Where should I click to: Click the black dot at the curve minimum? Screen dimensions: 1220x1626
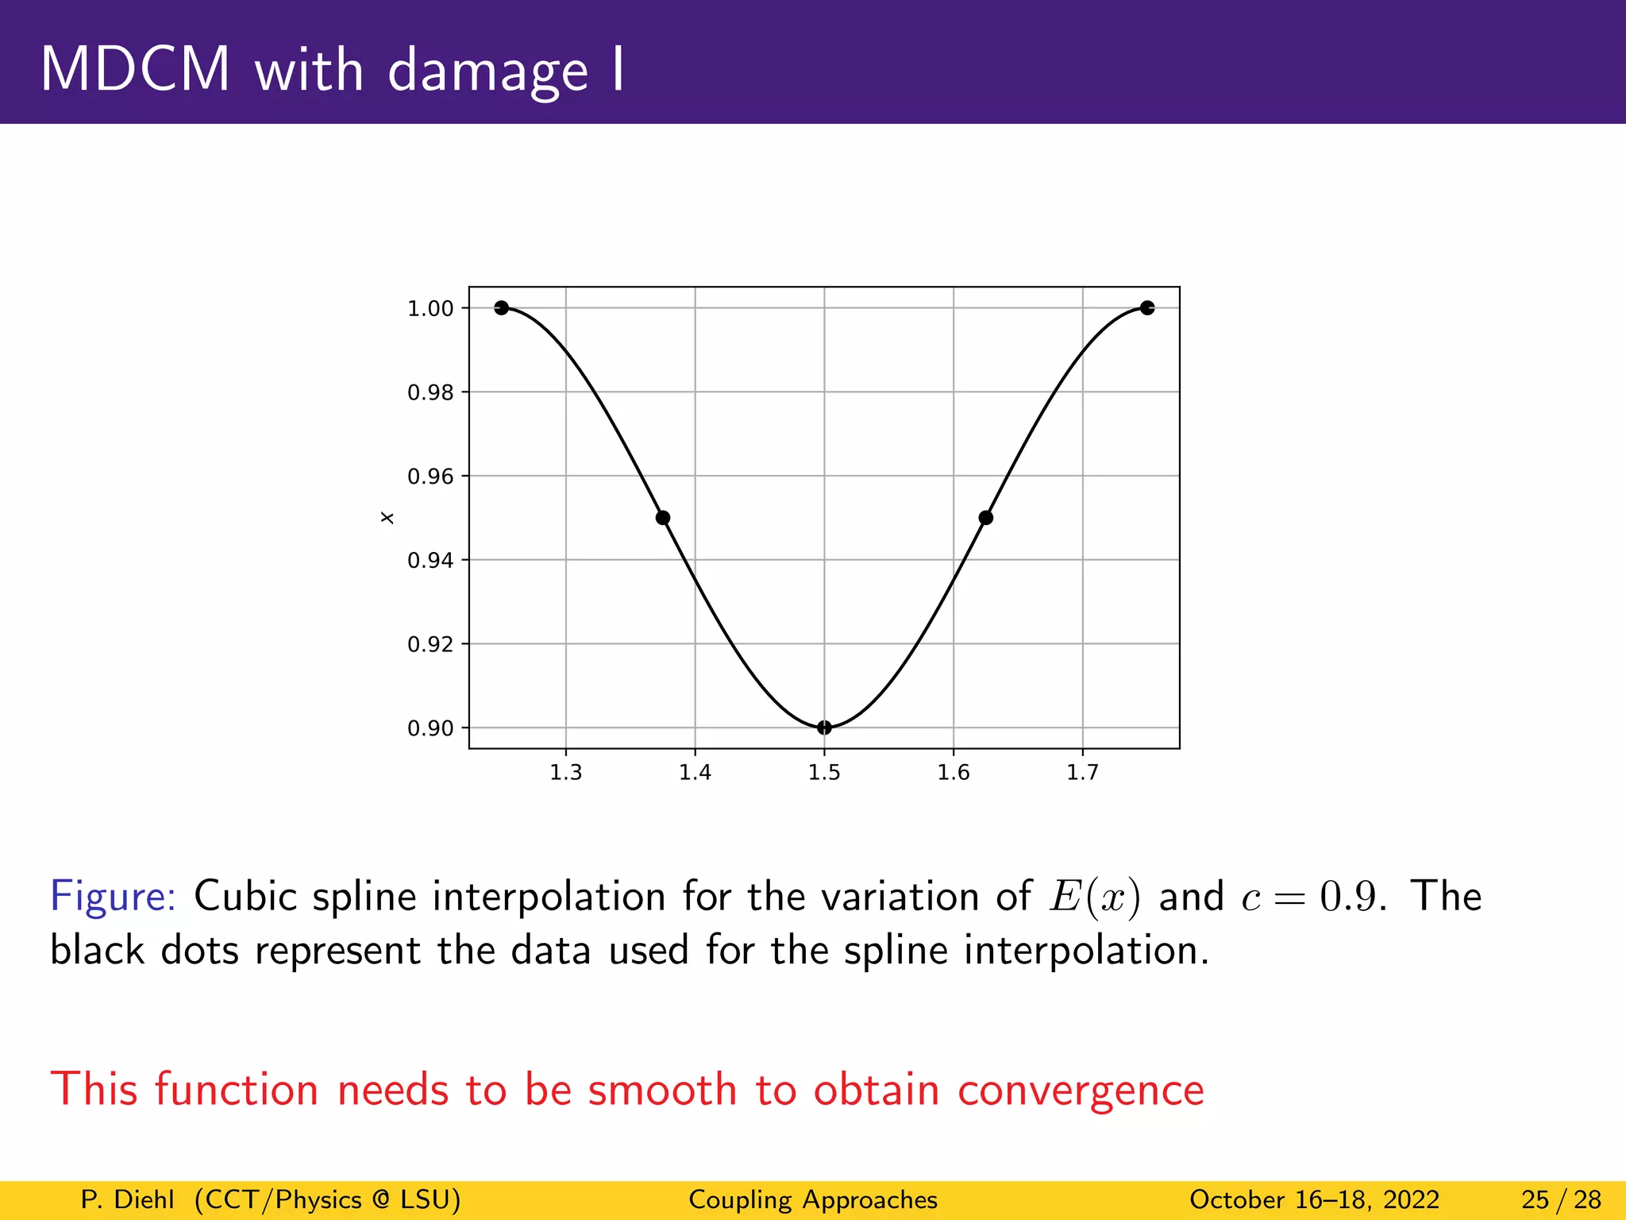coord(824,728)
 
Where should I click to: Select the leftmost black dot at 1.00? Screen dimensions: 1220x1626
coord(501,308)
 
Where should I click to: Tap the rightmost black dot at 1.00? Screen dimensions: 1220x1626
coord(1146,308)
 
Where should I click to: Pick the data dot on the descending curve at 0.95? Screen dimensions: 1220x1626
coord(663,518)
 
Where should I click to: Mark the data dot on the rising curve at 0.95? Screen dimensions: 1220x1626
coord(985,518)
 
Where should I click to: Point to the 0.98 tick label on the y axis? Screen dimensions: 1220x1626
coord(430,392)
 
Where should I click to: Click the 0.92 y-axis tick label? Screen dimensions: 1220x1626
coord(430,644)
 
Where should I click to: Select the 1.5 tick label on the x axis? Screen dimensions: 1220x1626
coord(824,773)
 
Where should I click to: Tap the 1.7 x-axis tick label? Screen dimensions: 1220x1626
coord(1082,773)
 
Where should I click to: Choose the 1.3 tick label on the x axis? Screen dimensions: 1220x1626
coord(566,773)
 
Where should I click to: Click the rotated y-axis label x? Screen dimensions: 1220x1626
coord(387,518)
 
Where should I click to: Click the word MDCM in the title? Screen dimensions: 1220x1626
coord(135,70)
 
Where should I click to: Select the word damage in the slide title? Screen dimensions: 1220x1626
coord(487,71)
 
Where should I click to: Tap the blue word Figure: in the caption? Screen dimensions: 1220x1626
coord(113,898)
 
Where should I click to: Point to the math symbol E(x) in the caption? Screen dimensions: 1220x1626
coord(1095,898)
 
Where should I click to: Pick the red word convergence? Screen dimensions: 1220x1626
coord(1080,1090)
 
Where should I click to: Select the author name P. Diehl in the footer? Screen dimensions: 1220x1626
coord(127,1199)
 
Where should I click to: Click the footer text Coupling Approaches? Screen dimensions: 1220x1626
coord(813,1199)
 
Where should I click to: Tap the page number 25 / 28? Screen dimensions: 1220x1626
coord(1561,1199)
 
